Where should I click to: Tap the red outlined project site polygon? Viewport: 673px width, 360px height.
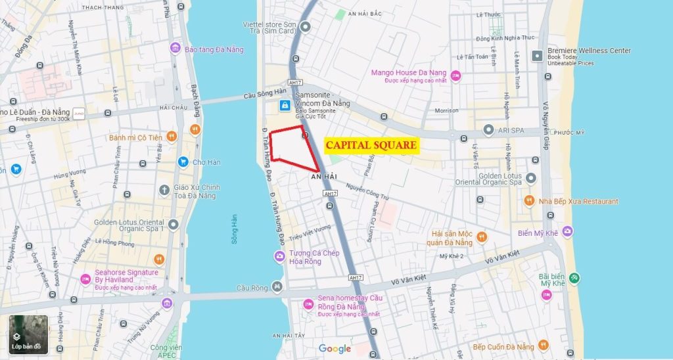[292, 145]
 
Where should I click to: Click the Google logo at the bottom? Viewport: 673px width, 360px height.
[335, 349]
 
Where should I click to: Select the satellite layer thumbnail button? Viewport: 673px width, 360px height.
[28, 334]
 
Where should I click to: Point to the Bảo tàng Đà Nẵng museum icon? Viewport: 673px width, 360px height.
[175, 49]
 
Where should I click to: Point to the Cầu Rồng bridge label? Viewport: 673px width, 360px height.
[252, 287]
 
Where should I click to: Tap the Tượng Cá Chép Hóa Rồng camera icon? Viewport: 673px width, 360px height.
[279, 256]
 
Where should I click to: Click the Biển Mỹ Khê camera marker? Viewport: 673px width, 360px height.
[567, 231]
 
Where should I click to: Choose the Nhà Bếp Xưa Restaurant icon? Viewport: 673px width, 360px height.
[528, 201]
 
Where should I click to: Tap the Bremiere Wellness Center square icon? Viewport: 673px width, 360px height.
[538, 55]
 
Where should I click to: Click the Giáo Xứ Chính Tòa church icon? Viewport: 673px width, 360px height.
[164, 191]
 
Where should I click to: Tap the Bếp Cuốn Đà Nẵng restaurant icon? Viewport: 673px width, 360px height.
[542, 346]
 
